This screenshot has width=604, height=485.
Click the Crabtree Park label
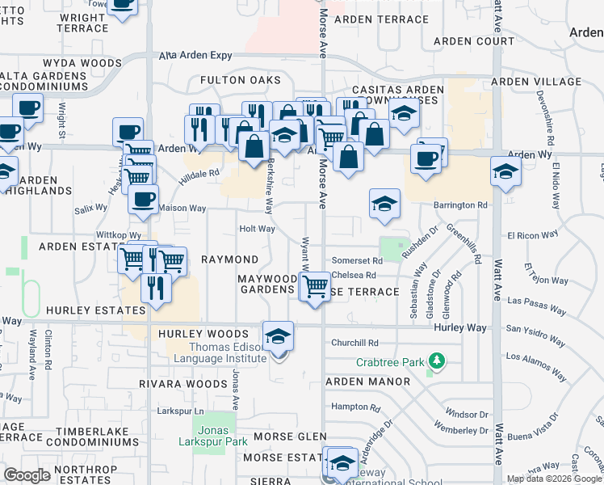(389, 363)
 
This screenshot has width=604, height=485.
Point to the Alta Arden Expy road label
(195, 56)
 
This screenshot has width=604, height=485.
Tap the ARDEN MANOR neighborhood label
(363, 381)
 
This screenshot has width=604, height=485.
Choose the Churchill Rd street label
(354, 343)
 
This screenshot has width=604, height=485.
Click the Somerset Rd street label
(356, 260)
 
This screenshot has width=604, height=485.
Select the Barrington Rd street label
(460, 205)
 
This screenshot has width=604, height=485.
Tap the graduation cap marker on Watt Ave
(505, 172)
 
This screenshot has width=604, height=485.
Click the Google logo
(27, 475)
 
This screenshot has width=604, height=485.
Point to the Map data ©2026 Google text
(555, 479)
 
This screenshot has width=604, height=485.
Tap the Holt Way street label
(257, 229)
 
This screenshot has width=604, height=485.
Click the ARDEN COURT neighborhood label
(474, 40)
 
